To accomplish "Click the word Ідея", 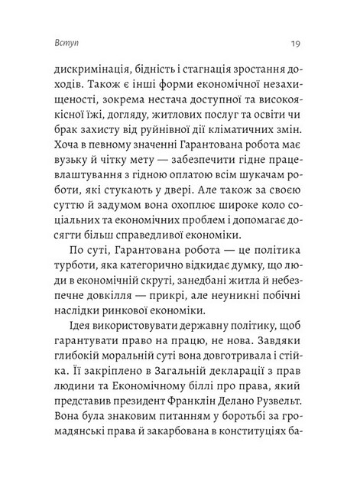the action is (72, 343).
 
